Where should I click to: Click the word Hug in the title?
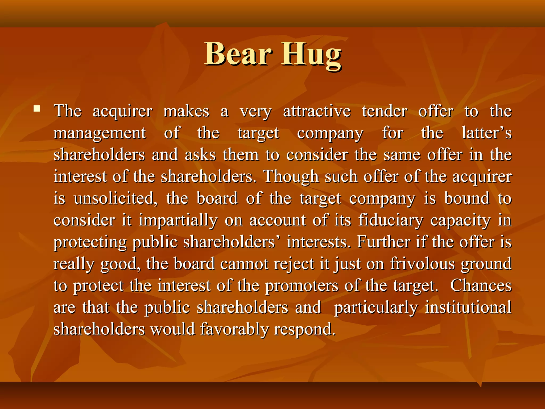coord(311,55)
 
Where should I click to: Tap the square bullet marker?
coord(37,108)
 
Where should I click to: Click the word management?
coord(100,133)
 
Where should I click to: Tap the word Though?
coord(291,177)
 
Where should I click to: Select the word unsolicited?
coord(115,199)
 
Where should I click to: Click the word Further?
coord(383,242)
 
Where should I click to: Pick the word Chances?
coord(481,286)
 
